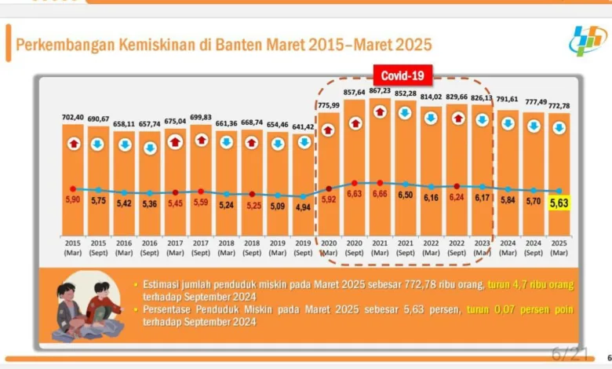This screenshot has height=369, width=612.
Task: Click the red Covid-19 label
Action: (x=403, y=76)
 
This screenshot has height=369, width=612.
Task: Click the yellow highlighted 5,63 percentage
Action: (x=559, y=203)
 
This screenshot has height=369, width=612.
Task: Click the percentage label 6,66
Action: (x=380, y=193)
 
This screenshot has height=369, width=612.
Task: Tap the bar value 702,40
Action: (x=73, y=118)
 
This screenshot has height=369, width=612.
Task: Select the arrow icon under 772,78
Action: (x=559, y=127)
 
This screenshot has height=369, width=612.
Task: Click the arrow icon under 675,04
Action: (x=175, y=142)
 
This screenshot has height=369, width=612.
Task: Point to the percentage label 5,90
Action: (x=73, y=200)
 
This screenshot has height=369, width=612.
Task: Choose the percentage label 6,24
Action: (x=457, y=198)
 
